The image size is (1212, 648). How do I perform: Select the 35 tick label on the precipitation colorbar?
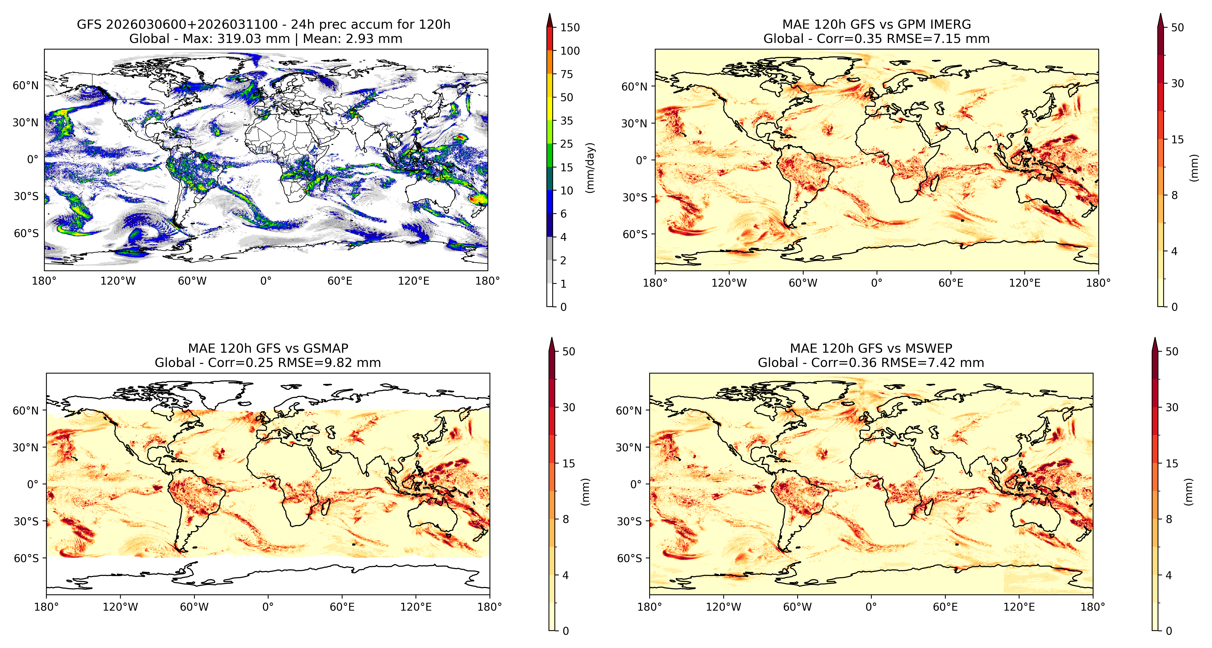(567, 121)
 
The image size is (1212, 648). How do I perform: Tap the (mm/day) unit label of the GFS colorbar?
(590, 167)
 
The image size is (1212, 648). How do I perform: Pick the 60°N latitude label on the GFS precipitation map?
(26, 86)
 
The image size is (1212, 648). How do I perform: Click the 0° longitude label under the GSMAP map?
(268, 607)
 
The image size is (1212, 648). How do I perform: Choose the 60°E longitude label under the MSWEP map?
(945, 607)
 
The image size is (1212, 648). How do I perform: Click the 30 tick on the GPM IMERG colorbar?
(1177, 83)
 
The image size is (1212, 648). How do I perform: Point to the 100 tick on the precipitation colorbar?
(570, 51)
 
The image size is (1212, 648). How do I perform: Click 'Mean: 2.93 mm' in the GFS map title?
(352, 39)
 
